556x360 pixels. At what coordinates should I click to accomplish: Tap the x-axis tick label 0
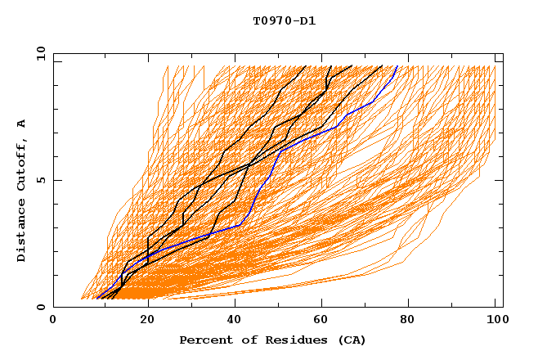[53, 322]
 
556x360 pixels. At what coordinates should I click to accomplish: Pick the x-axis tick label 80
[407, 322]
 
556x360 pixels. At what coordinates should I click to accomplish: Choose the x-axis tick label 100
[495, 322]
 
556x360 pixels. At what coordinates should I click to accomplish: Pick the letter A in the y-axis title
[22, 123]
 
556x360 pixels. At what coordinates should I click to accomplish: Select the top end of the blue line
[397, 66]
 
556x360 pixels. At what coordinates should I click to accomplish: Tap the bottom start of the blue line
[96, 298]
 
